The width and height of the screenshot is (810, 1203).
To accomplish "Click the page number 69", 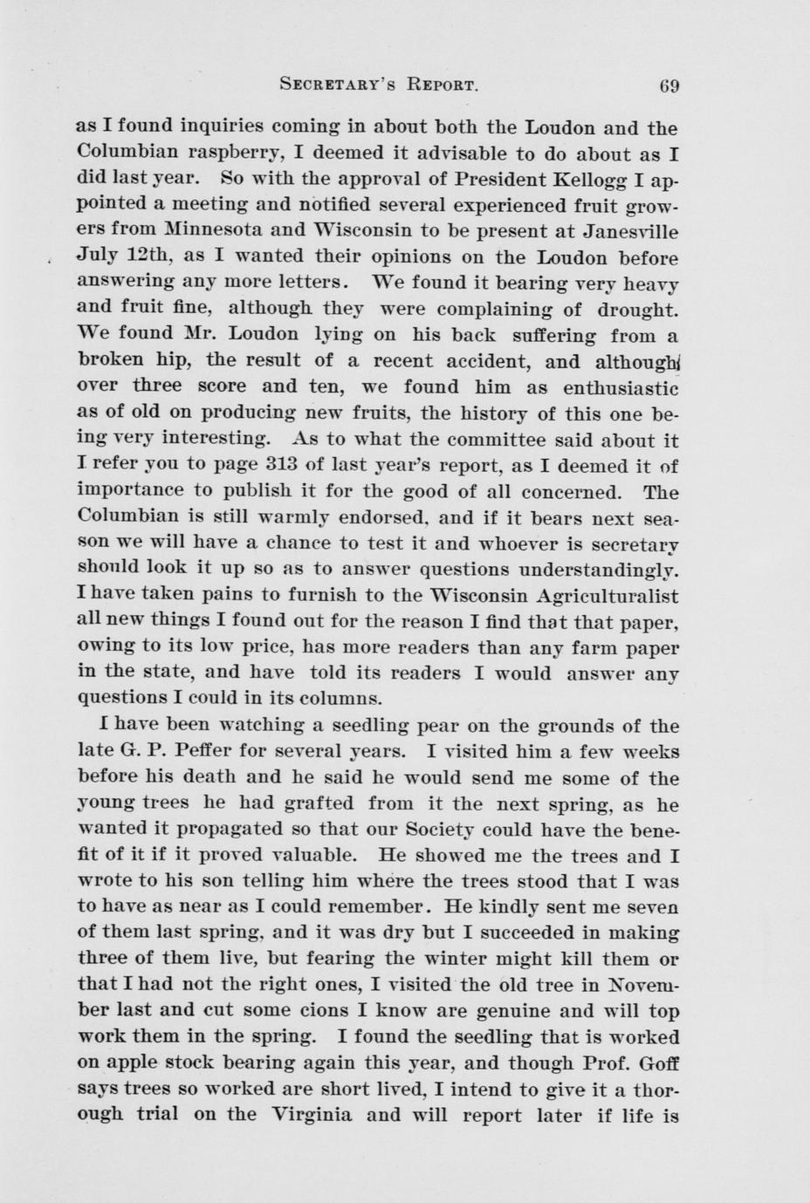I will [669, 85].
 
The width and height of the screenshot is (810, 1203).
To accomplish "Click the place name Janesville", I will [624, 232].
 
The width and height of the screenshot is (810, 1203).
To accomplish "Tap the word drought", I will [638, 310].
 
